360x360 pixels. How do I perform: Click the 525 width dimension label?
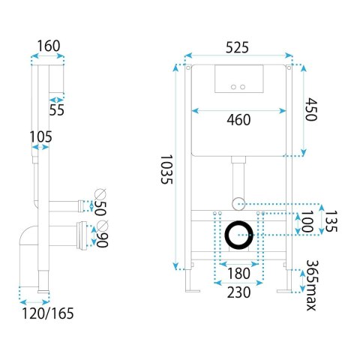coord(237,47)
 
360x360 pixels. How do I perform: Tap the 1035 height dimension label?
coord(166,169)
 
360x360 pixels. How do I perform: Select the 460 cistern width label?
coord(238,120)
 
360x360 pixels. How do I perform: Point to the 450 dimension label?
coord(311,109)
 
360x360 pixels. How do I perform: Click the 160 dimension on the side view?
coord(49,46)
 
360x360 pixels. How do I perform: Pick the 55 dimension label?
coord(56,109)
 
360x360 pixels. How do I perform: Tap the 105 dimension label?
coord(40,136)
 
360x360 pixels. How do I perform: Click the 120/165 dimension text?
coord(48,313)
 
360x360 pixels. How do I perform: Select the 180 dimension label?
coord(238,273)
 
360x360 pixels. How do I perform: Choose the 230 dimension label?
coord(238,292)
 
